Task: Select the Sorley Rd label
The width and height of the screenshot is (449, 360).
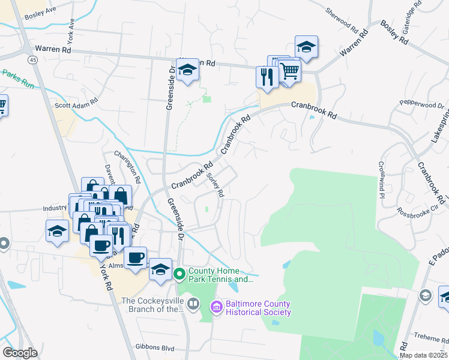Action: point(215,185)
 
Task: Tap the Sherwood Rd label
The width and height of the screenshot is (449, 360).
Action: point(346,20)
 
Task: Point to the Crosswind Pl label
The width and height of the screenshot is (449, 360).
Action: point(381,178)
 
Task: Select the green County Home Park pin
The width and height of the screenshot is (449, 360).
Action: point(179,274)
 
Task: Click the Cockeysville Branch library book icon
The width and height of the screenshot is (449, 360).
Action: point(193,304)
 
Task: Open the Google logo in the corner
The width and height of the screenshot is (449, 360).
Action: point(19,353)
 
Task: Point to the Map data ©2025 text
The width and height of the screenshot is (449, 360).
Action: point(424,355)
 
